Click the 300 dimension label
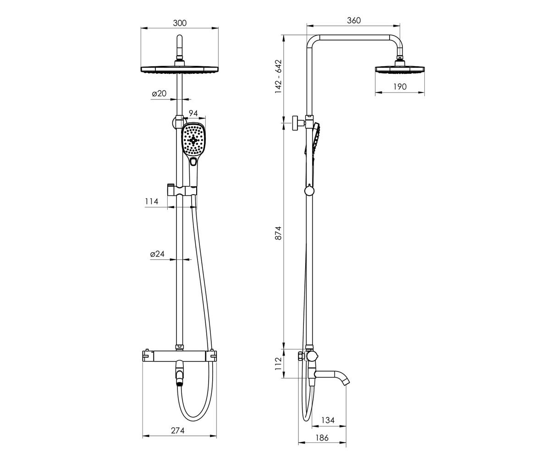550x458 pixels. [x=180, y=23]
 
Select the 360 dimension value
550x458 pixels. [x=353, y=20]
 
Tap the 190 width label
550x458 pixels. [x=400, y=87]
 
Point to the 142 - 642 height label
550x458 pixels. [x=278, y=76]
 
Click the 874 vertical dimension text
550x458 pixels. [x=278, y=233]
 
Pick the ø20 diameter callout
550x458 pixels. [x=159, y=93]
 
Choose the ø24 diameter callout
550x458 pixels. [x=157, y=254]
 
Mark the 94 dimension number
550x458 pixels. [x=193, y=113]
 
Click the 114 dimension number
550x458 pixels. [x=151, y=202]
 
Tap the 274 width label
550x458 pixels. [x=178, y=431]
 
